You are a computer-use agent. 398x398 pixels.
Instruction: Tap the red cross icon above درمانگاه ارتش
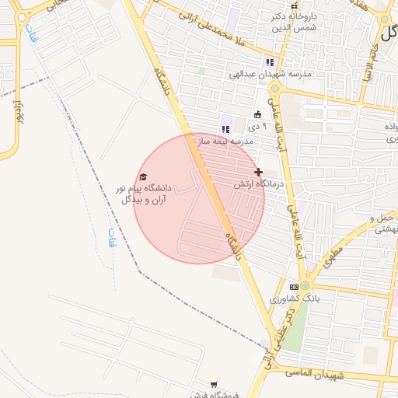[x=258, y=172]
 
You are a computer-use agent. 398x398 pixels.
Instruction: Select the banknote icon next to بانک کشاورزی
[x=293, y=287]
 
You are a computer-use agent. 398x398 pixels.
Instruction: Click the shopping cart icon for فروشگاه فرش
[x=214, y=384]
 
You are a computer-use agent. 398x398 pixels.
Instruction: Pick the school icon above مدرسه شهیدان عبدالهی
[x=270, y=62]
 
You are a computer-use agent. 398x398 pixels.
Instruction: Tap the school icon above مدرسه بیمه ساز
[x=226, y=129]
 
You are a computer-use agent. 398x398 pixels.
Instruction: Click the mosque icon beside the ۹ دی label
[x=257, y=115]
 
